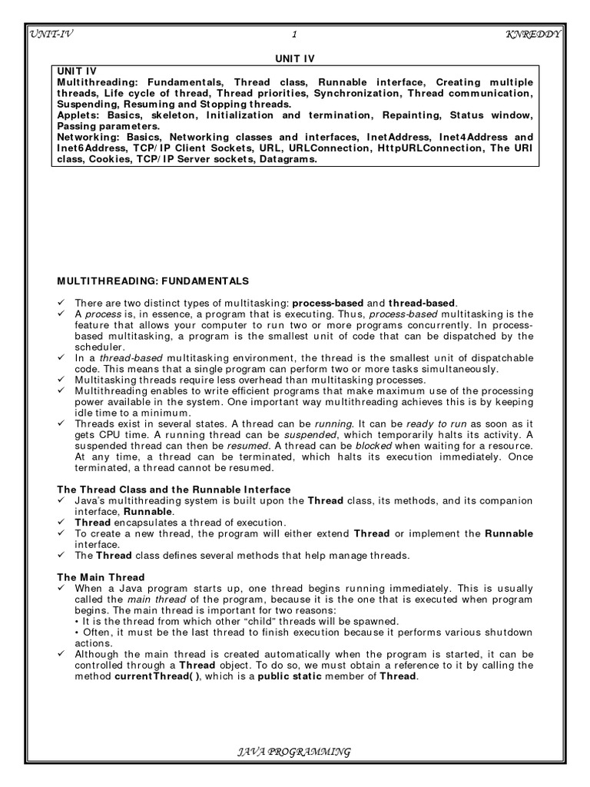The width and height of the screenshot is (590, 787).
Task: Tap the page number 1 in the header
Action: pyautogui.click(x=294, y=33)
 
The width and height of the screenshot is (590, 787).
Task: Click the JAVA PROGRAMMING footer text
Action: pyautogui.click(x=295, y=752)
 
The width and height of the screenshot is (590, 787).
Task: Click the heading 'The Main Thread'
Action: pyautogui.click(x=101, y=576)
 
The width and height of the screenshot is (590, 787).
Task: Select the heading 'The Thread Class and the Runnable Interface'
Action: pyautogui.click(x=174, y=490)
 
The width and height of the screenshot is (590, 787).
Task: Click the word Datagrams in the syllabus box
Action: pyautogui.click(x=287, y=159)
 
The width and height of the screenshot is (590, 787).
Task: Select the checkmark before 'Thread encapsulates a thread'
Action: pyautogui.click(x=63, y=523)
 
